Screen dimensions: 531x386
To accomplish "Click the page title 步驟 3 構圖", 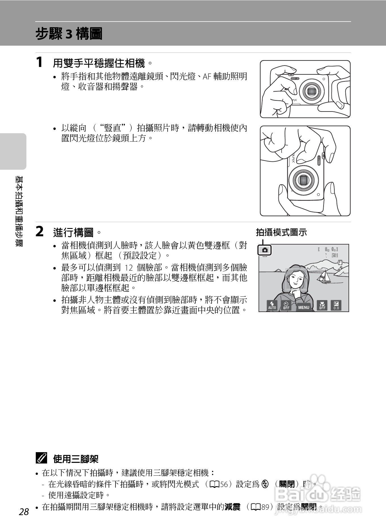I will click(x=69, y=34).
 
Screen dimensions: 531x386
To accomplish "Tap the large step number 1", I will click(x=39, y=62).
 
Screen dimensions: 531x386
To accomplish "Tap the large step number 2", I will click(x=39, y=231).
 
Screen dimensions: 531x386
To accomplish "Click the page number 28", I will click(x=24, y=512).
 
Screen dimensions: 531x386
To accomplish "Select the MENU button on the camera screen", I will click(x=303, y=307).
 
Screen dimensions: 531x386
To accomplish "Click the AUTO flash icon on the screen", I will click(x=272, y=305).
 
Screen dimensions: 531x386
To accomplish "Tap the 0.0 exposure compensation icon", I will click(x=336, y=305).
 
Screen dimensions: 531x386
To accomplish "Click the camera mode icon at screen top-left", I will click(x=265, y=250).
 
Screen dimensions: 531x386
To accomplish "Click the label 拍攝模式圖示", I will click(x=281, y=233).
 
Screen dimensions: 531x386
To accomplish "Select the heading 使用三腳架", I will click(x=75, y=459).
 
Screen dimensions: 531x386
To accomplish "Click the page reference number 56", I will click(x=224, y=484).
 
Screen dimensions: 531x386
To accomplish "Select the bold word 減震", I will click(x=232, y=507).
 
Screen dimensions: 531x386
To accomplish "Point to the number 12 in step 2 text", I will click(x=129, y=267).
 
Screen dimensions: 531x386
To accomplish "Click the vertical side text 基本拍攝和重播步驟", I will click(x=20, y=211).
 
